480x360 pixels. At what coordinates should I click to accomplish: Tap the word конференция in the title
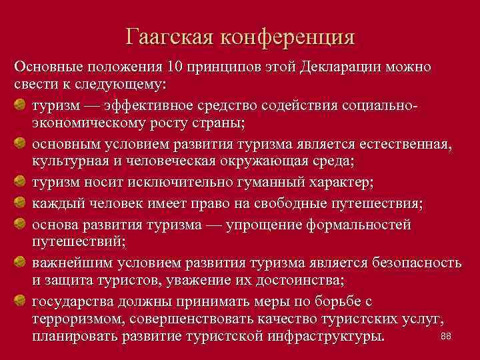point(291,37)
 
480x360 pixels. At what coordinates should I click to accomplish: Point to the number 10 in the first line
point(175,68)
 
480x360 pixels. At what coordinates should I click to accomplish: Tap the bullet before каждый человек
point(21,204)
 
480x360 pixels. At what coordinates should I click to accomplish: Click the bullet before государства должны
point(21,299)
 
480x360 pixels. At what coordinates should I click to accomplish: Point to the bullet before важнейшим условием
point(21,261)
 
